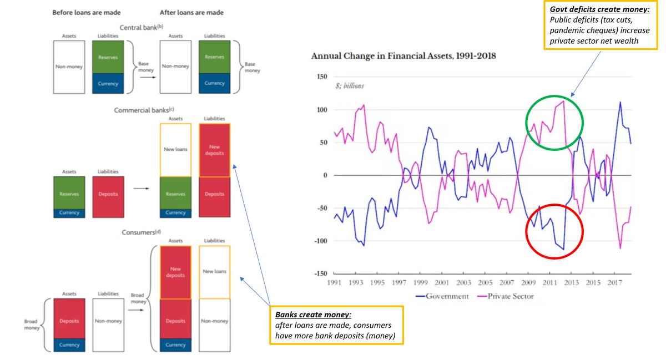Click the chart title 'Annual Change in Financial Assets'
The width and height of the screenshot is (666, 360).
pos(403,56)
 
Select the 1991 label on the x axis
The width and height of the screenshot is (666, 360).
pos(334,282)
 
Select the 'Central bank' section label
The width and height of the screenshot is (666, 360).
pos(139,27)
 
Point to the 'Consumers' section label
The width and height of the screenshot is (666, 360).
pos(139,232)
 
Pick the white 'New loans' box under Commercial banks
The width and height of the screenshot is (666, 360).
pos(175,150)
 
